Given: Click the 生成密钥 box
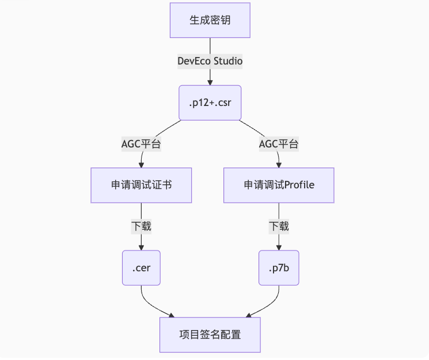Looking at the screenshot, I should click(210, 20).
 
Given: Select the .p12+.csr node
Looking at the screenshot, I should click(210, 103).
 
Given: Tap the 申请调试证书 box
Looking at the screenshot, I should click(141, 185).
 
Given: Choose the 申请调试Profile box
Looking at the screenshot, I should click(279, 185).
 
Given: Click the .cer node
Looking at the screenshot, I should click(141, 268).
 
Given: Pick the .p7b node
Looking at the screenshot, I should click(279, 268).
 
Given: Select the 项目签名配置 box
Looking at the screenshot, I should click(210, 335).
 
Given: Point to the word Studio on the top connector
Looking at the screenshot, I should click(228, 61).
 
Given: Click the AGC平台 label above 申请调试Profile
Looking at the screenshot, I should click(279, 144).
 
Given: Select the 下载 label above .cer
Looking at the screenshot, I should click(141, 226).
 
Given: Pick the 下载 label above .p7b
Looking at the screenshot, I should click(279, 226).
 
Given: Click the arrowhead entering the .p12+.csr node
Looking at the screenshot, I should click(210, 82).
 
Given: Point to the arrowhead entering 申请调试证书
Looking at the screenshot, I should click(141, 165).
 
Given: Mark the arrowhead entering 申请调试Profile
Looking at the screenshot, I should click(279, 165).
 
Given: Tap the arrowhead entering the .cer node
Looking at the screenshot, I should click(141, 248).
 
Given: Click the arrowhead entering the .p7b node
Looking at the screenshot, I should click(279, 248).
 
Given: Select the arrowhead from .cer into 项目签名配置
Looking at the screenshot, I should click(171, 315).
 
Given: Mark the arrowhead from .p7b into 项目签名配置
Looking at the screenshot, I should click(249, 315).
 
